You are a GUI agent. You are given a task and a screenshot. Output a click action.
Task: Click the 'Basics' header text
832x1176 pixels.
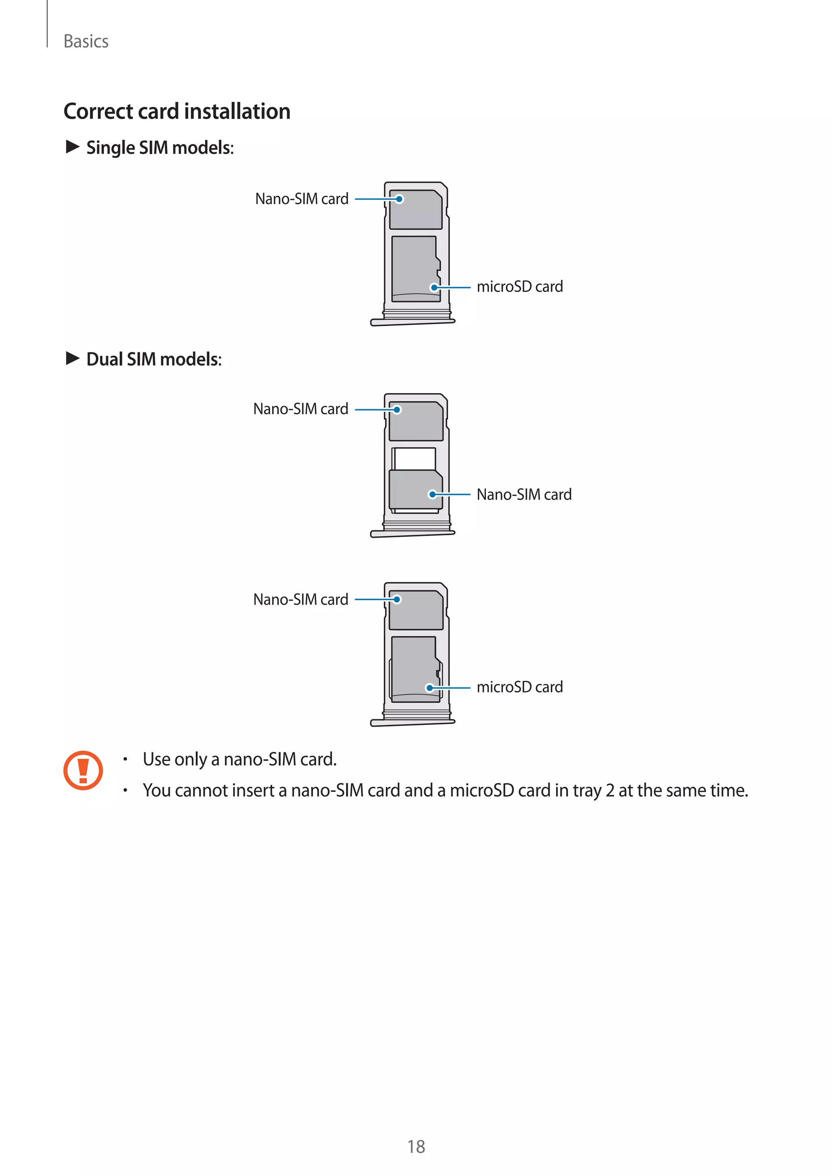86,41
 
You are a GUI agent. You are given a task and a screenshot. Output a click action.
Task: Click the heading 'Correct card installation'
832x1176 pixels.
177,111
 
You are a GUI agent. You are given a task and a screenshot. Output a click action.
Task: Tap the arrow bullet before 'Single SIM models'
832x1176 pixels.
72,147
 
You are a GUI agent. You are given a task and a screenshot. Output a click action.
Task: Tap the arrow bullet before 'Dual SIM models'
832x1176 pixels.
72,359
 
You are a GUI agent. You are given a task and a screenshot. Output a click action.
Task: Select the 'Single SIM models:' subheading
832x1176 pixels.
160,147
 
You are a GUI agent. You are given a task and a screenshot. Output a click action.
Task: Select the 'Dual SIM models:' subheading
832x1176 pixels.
154,359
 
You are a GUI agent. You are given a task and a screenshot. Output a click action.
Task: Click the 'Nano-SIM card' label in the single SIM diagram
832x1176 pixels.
302,199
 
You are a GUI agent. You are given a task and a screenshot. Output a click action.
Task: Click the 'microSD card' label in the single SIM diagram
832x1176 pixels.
520,287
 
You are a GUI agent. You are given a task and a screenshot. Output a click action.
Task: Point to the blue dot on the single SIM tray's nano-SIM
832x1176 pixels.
399,199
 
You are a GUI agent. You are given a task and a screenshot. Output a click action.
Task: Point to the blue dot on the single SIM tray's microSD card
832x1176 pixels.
434,288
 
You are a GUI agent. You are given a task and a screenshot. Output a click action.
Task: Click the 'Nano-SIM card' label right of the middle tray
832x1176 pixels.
524,495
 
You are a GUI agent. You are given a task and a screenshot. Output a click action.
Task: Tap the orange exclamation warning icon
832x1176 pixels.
83,770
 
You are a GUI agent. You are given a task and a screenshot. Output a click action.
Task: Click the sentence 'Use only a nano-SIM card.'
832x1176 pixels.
239,759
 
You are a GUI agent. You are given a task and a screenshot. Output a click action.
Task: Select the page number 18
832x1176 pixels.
416,1147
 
